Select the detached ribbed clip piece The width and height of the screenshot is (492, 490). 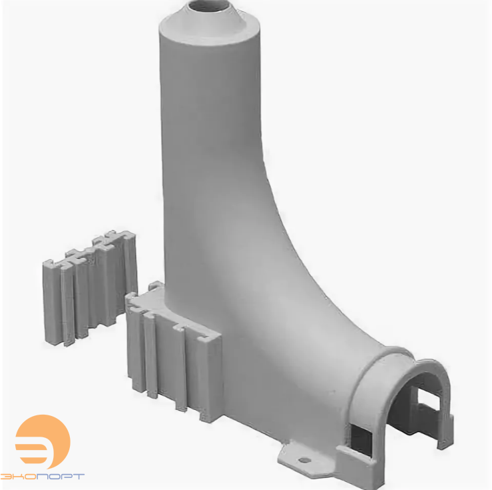[x=90, y=288]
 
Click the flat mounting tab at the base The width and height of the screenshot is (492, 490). [x=306, y=459]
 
